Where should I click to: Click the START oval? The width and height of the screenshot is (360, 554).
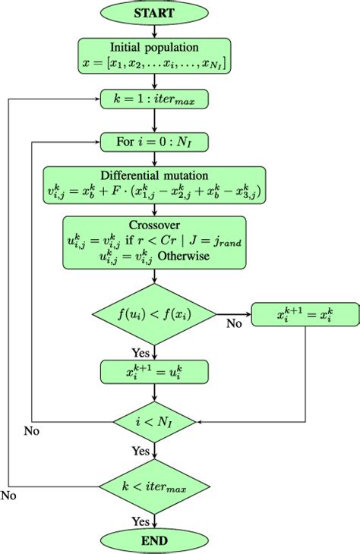pos(154,13)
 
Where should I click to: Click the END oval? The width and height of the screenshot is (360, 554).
pos(154,540)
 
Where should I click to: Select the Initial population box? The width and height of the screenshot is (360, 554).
pos(154,56)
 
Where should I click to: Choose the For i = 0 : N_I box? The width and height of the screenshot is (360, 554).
pos(154,142)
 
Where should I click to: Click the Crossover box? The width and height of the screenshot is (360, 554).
pos(154,243)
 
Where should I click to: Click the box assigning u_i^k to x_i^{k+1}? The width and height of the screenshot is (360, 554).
pos(154,371)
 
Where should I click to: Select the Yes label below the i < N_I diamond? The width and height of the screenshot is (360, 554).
pos(141,451)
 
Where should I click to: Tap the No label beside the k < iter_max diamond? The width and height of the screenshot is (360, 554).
pos(9,496)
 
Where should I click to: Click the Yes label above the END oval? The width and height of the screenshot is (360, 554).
pos(141,521)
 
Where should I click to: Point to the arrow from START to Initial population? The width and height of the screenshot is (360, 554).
pos(154,30)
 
